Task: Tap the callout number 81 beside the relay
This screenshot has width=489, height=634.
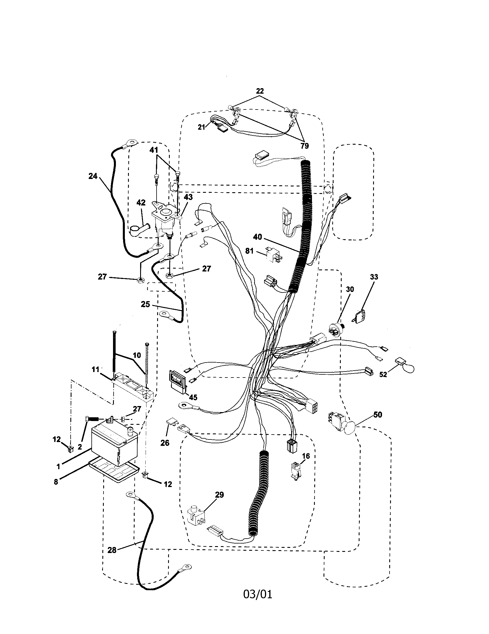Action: (249, 251)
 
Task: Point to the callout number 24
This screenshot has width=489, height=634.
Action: (93, 176)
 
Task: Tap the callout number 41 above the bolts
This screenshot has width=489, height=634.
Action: (154, 150)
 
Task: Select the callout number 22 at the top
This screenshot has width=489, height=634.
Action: (259, 91)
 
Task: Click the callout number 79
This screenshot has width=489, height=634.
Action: (304, 146)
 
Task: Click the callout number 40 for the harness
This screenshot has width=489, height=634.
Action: (257, 237)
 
